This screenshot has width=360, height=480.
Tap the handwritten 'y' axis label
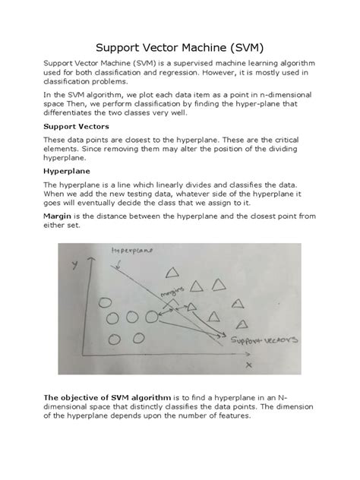pos(74,265)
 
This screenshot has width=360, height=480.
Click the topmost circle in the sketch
pos(118,295)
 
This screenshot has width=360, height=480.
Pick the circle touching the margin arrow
pos(155,317)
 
